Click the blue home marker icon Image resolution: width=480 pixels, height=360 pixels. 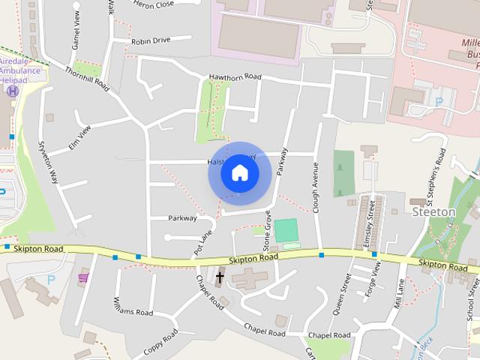[240, 173]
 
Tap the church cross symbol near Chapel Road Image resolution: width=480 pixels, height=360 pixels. [220, 277]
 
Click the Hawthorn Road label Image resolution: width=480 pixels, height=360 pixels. [235, 76]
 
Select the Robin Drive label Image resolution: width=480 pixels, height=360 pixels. [151, 41]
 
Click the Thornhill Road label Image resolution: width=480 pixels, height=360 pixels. [87, 79]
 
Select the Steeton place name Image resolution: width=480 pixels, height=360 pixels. [434, 212]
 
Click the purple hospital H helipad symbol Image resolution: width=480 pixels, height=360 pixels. [12, 90]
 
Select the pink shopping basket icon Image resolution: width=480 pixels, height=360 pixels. [83, 277]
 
